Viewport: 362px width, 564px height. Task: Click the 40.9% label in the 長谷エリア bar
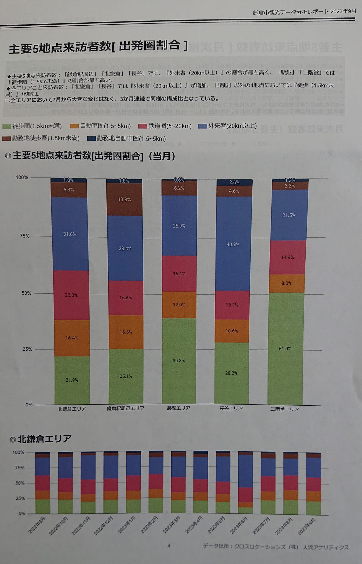pyautogui.click(x=233, y=244)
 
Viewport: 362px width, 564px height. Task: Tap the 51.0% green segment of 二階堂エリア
pyautogui.click(x=285, y=349)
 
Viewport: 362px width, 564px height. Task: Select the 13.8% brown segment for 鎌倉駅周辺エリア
pyautogui.click(x=124, y=199)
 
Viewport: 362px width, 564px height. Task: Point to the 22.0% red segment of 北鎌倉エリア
pyautogui.click(x=71, y=295)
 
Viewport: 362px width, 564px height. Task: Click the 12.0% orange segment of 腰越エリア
pyautogui.click(x=179, y=305)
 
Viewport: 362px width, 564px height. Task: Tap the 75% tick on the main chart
pyautogui.click(x=24, y=236)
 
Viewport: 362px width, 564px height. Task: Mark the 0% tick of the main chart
pyautogui.click(x=29, y=405)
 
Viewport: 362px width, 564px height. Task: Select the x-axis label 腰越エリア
pyautogui.click(x=178, y=408)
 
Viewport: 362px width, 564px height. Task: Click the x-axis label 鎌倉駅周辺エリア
pyautogui.click(x=126, y=408)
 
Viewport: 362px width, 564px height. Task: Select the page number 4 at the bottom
pyautogui.click(x=169, y=546)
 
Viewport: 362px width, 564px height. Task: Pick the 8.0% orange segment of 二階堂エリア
pyautogui.click(x=286, y=283)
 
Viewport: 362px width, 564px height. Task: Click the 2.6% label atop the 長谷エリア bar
pyautogui.click(x=234, y=182)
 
